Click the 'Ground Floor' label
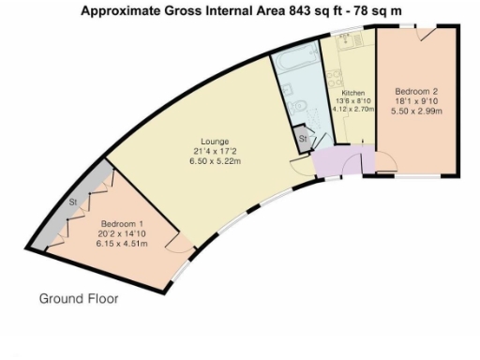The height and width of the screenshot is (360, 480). [78, 299]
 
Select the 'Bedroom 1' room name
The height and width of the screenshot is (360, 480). [121, 223]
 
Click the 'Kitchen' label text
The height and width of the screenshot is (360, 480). [352, 94]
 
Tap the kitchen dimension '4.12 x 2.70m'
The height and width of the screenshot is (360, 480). [353, 109]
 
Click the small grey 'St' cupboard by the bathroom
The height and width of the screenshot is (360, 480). [303, 139]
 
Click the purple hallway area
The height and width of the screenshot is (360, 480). [329, 161]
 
